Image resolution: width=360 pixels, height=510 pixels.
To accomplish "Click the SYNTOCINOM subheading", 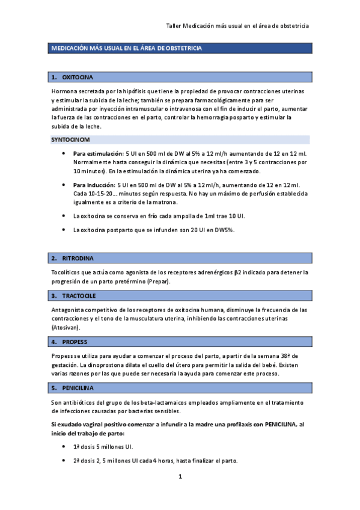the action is (70, 140).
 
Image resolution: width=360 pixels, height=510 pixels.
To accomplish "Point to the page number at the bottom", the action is (179, 477).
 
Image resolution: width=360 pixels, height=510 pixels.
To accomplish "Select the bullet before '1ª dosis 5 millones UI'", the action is (64, 447).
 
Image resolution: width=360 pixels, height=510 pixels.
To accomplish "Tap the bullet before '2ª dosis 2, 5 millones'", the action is (64, 461).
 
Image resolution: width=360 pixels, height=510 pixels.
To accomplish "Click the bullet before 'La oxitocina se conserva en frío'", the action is (64, 215).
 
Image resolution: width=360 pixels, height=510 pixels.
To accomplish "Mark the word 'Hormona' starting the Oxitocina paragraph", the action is (63, 91).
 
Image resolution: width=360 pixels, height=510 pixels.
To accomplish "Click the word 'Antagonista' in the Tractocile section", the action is (67, 310).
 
